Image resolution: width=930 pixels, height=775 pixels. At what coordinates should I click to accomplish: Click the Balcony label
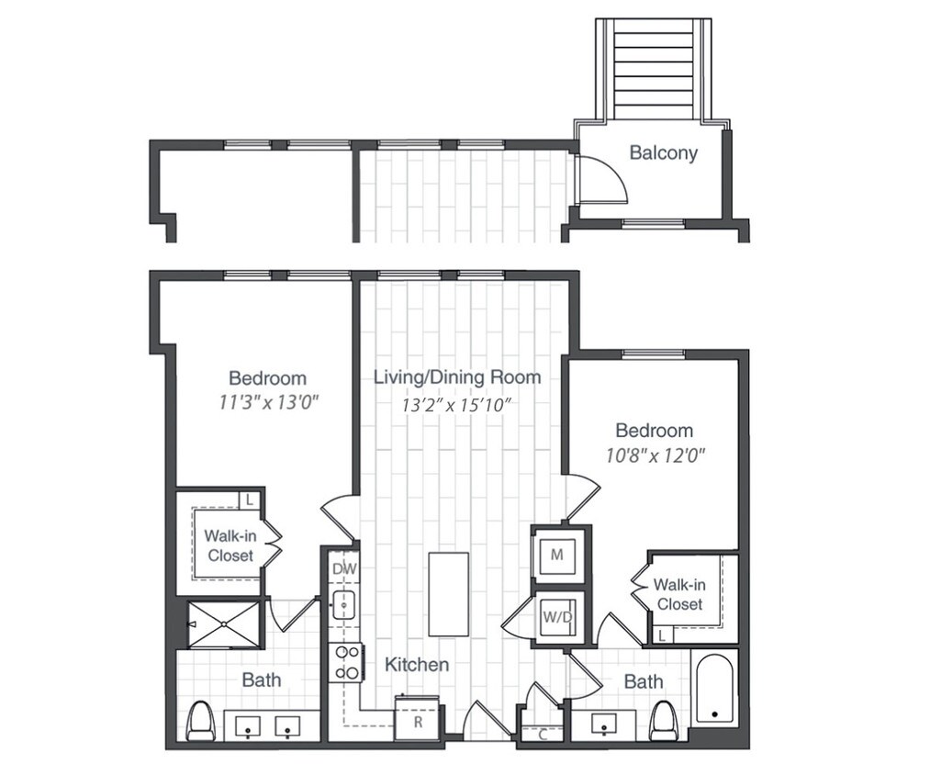coord(663,153)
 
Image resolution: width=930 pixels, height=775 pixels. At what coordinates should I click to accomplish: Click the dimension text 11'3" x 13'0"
coord(267,402)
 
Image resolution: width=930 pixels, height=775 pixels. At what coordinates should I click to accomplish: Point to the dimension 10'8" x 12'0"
coord(654,454)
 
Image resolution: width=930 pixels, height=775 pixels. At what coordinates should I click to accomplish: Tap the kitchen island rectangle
coord(448,593)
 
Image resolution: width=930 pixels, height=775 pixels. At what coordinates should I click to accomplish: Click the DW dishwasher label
coord(343,569)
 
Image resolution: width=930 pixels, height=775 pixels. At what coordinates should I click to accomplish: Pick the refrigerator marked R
coord(417,721)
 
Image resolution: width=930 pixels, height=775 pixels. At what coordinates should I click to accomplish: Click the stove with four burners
coord(347,663)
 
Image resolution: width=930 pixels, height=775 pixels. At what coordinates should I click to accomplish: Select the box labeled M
coord(556,555)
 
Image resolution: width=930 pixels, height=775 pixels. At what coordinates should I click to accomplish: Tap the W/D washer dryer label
coord(556,616)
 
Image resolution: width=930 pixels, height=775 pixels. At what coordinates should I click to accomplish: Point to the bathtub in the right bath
coord(714,689)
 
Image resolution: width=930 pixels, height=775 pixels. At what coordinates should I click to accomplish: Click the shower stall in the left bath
coord(223,624)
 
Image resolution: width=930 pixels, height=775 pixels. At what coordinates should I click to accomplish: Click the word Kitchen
coord(416,664)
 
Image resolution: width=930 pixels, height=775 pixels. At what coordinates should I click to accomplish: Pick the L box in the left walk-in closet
coord(247,500)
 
